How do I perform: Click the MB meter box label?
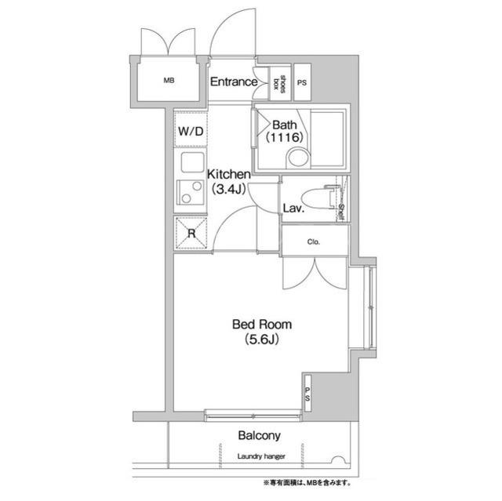point(169,81)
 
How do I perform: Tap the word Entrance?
point(234,82)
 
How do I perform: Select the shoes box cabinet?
point(279,82)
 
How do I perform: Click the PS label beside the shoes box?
point(302,82)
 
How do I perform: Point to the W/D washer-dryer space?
point(191,129)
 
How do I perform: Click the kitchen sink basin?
point(192,162)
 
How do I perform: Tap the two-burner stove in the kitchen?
point(190,192)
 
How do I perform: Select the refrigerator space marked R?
point(191,233)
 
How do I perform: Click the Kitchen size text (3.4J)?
point(228,190)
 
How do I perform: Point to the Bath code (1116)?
point(284,137)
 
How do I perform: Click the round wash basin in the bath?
point(298,158)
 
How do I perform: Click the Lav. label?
point(293,209)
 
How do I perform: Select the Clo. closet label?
point(314,241)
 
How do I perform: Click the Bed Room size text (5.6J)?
point(262,339)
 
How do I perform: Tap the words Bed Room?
point(262,325)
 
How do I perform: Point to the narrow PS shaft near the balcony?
point(307,393)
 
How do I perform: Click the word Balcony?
point(260,435)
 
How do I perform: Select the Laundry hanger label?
point(261,456)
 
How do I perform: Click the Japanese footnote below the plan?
point(307,482)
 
